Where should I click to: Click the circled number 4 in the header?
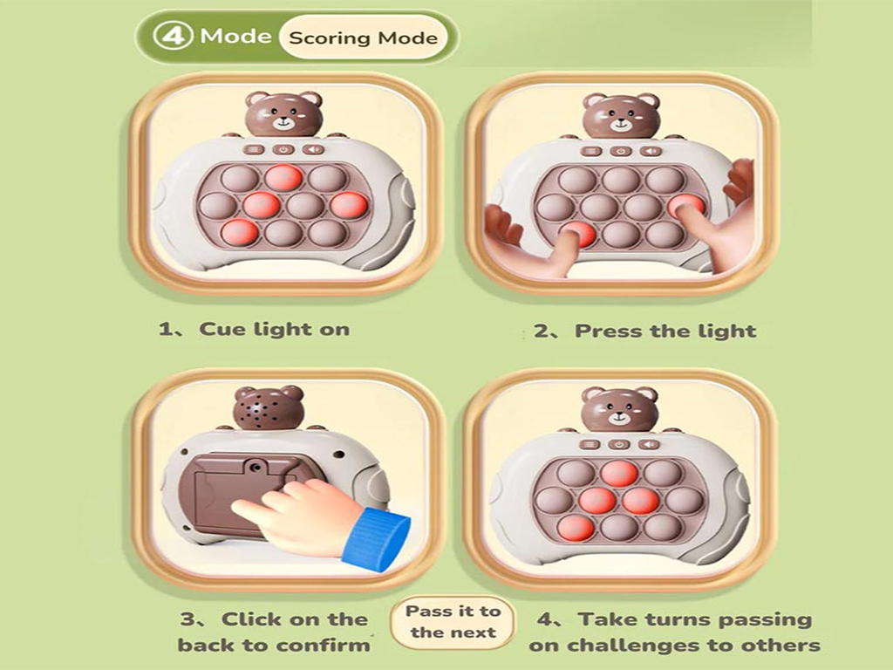pos(174,36)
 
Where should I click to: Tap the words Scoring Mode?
pos(364,38)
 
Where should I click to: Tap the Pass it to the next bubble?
pos(453,621)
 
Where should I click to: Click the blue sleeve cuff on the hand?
pos(376,537)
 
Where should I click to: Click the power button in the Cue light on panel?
pos(283,150)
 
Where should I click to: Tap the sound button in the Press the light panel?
pos(651,151)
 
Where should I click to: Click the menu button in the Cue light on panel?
pos(254,150)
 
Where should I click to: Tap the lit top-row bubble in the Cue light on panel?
pos(283,177)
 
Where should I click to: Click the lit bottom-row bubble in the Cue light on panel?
pos(239,232)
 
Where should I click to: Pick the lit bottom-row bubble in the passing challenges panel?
pos(576,528)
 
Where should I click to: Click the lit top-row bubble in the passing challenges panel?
pos(619,474)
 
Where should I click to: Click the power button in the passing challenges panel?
pos(619,444)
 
